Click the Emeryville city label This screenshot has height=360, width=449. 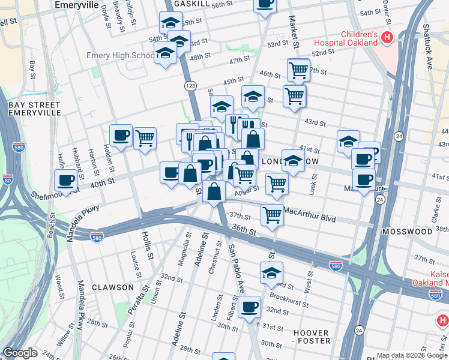point(76,4)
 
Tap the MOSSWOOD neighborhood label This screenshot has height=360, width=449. point(410,231)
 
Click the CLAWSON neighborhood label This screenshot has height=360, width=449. point(113,287)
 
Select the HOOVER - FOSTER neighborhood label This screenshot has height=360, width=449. point(311,337)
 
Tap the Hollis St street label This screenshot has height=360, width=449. point(145,246)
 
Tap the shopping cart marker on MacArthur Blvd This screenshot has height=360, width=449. point(272,214)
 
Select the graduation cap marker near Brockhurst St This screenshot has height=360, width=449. point(271,272)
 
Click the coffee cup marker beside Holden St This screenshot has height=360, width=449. point(121,135)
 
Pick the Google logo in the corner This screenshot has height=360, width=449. point(20,353)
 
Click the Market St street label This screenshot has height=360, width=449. point(295,32)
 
